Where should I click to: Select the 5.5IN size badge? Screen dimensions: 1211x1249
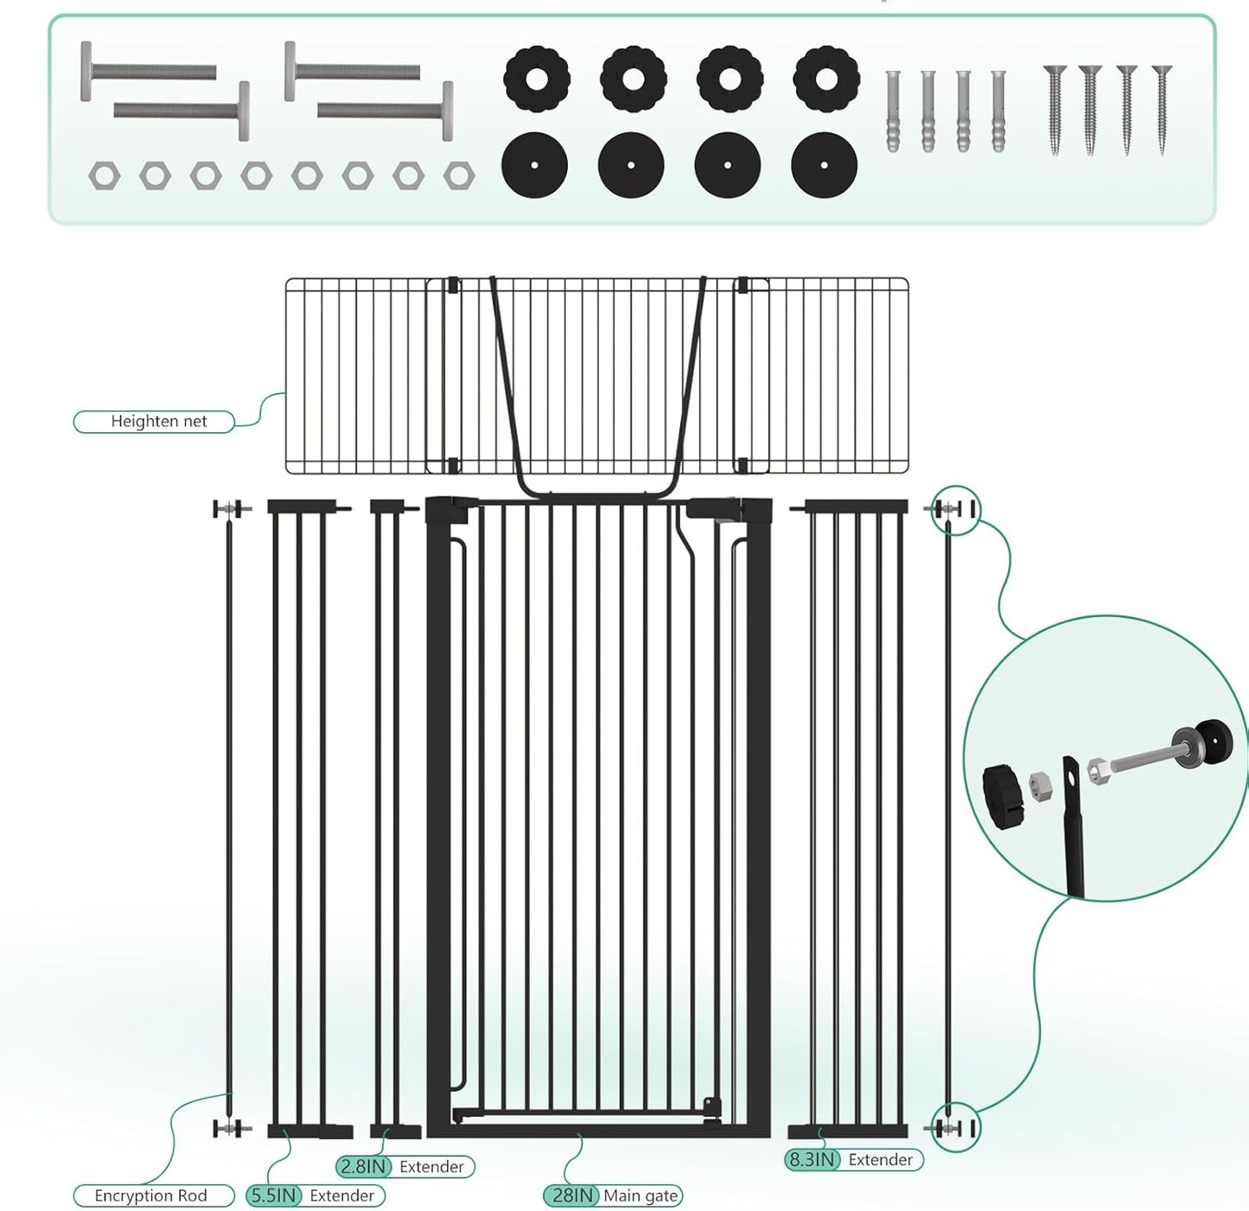(274, 1195)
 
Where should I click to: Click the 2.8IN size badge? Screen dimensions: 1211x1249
(363, 1167)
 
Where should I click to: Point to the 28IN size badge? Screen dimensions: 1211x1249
(570, 1195)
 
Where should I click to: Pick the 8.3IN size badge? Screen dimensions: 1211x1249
(812, 1160)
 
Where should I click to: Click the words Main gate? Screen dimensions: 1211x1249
(640, 1195)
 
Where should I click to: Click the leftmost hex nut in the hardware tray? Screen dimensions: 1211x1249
(104, 176)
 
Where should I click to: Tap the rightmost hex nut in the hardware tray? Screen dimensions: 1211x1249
(459, 176)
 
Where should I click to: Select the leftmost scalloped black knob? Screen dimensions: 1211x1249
(537, 80)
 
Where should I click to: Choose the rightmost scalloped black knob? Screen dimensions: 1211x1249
(826, 80)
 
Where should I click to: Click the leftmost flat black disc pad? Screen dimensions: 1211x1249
(534, 165)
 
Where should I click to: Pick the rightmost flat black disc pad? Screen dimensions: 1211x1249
(824, 165)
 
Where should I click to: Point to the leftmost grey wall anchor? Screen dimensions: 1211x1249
(893, 112)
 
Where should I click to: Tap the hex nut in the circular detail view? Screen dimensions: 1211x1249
(1040, 787)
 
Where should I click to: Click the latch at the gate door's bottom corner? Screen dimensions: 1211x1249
(711, 1111)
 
